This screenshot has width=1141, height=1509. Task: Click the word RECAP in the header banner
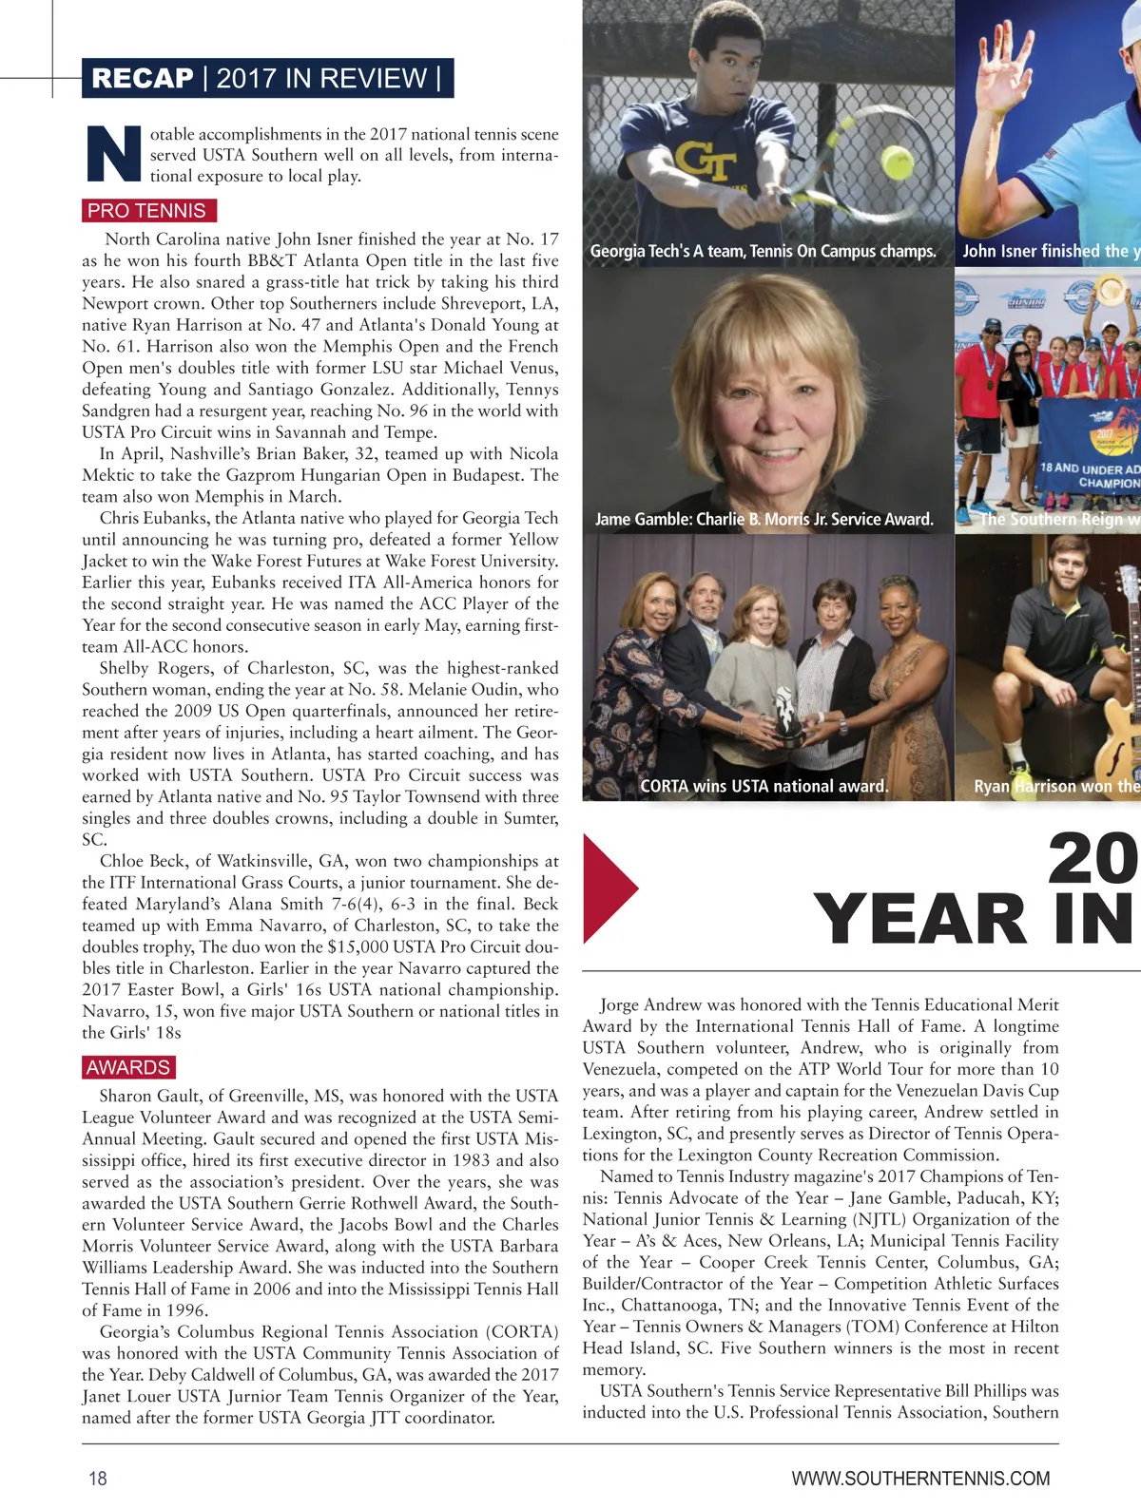click(x=143, y=78)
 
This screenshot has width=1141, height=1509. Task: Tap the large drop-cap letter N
click(x=114, y=154)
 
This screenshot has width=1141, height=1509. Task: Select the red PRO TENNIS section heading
click(x=146, y=211)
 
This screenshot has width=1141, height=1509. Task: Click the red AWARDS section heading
click(x=128, y=1067)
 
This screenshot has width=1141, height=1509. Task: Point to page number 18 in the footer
click(x=98, y=1478)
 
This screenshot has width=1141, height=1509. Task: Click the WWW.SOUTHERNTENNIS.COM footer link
click(x=920, y=1479)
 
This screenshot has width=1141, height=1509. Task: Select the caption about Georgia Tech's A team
click(x=763, y=251)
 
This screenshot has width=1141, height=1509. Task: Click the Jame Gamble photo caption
click(x=764, y=519)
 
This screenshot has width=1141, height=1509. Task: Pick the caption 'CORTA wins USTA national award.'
click(x=764, y=786)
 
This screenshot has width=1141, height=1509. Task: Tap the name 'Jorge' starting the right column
click(x=619, y=1004)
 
